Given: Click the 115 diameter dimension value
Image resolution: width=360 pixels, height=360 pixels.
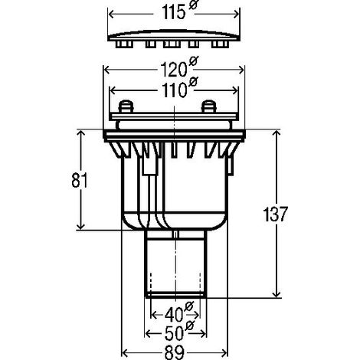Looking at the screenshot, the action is [173, 12].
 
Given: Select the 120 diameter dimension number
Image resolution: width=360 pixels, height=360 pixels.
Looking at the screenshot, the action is [173, 70].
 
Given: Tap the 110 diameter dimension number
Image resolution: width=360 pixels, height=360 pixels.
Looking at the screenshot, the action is [174, 90].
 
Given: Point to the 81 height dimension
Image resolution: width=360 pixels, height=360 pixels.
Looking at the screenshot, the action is [80, 180].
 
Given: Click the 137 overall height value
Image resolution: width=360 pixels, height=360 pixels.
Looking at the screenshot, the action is [275, 214].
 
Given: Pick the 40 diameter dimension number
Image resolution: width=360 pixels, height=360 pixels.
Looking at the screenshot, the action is [174, 315].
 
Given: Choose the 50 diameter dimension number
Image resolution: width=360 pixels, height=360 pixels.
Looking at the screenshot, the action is [175, 333].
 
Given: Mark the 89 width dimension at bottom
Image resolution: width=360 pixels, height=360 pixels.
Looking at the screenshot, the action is [174, 352].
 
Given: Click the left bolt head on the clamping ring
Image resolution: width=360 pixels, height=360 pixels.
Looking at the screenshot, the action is [126, 106].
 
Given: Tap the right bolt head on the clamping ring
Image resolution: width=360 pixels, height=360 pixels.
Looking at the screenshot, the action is [209, 106].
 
